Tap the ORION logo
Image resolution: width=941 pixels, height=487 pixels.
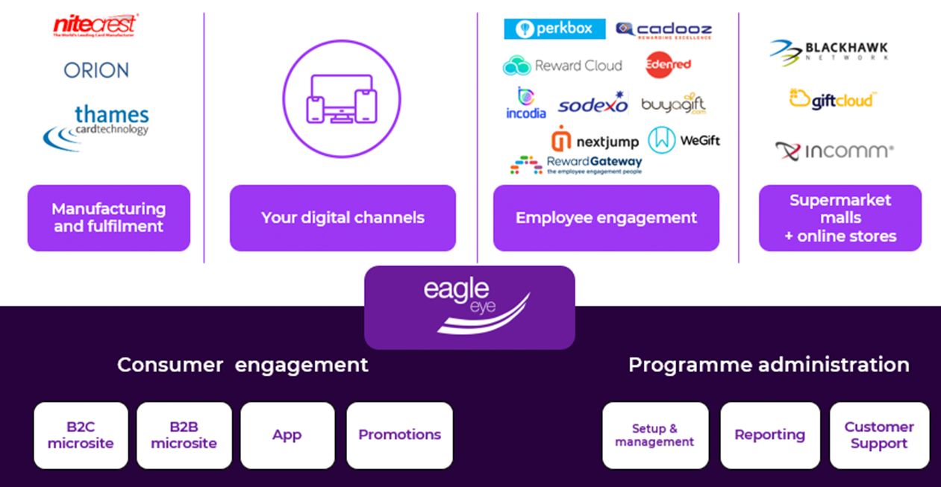(96, 71)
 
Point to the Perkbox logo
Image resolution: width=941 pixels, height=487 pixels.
(554, 29)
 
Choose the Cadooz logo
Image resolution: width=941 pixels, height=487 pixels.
(663, 31)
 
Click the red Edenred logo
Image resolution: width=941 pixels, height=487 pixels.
(668, 65)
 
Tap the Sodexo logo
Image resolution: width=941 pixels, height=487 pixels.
(593, 105)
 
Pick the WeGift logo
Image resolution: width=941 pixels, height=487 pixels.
(684, 140)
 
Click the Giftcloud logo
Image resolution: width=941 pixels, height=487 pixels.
(833, 99)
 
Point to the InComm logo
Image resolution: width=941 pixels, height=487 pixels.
(834, 151)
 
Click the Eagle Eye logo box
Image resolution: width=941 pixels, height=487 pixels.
(469, 307)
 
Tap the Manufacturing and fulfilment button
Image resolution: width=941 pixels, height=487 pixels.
(109, 218)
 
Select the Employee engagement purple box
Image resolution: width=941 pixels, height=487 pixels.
(606, 218)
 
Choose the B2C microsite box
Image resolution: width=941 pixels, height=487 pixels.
(81, 436)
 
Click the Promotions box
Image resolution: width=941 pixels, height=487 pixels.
(399, 436)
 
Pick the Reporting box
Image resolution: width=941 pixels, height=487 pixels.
(769, 436)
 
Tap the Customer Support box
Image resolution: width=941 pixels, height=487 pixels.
(879, 436)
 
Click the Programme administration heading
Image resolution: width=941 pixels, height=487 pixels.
(769, 365)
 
